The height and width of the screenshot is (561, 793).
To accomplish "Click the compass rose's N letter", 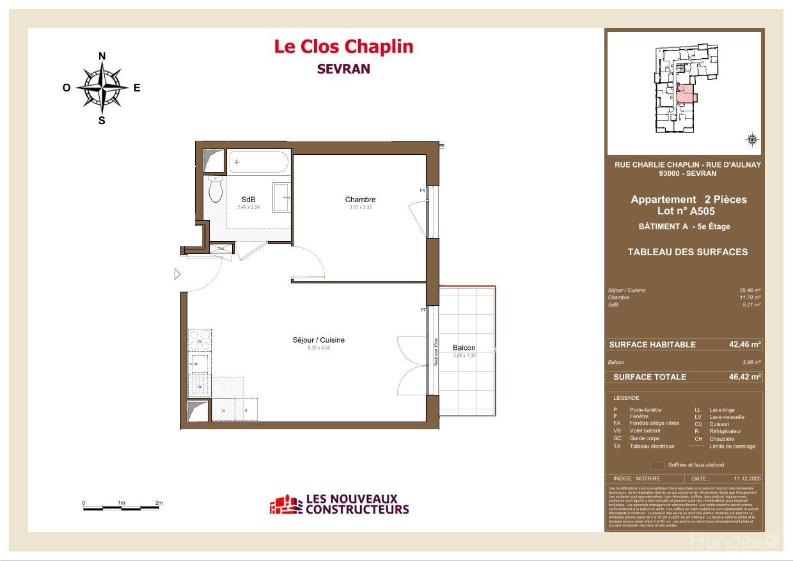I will [x=102, y=56].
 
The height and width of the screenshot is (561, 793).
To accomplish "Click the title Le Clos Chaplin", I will [x=343, y=47].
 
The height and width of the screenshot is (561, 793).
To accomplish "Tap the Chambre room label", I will [x=360, y=200].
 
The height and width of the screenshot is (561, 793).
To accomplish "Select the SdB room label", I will [x=248, y=200].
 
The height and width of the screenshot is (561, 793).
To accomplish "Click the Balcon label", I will [x=464, y=348].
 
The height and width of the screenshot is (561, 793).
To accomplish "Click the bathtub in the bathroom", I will [x=258, y=162].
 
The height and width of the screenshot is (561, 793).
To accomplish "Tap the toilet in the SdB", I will [x=215, y=188].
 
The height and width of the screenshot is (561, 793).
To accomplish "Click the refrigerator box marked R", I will [x=246, y=409].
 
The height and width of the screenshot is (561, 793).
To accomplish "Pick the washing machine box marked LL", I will [x=223, y=409].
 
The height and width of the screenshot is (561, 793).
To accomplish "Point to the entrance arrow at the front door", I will [x=178, y=274].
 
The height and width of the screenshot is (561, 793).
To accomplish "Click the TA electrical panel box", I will [x=221, y=248].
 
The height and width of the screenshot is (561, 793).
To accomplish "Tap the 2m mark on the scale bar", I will [x=159, y=503].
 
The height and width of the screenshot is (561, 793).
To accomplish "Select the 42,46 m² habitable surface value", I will [x=744, y=344].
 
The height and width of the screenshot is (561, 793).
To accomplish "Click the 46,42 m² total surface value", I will [x=744, y=377].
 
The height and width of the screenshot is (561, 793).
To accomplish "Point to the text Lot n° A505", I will [x=686, y=211].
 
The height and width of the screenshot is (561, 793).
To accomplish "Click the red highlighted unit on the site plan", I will [x=685, y=95].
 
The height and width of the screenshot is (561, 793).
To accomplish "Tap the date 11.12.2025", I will [x=747, y=478].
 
